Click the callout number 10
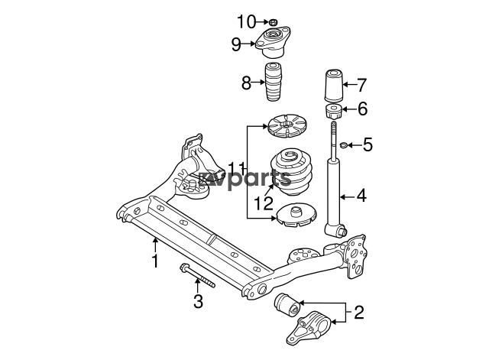click(x=246, y=22)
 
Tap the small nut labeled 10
click(x=274, y=22)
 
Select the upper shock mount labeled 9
click(x=273, y=42)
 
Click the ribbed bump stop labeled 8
click(x=274, y=82)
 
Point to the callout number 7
click(x=361, y=85)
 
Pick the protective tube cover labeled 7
click(x=334, y=86)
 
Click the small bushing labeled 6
click(x=333, y=112)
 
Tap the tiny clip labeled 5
click(x=343, y=144)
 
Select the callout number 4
click(x=361, y=196)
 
